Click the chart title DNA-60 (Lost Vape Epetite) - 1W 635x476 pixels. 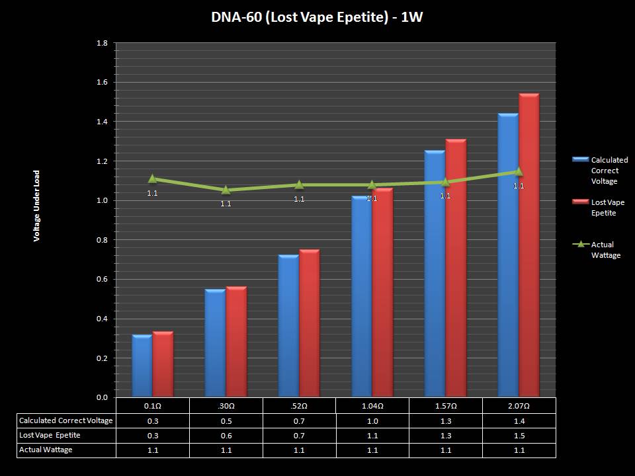click(317, 17)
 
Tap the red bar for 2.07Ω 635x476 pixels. click(529, 245)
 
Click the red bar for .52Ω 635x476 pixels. click(309, 323)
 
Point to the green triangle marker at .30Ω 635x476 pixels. click(226, 190)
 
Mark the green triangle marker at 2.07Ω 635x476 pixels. click(519, 172)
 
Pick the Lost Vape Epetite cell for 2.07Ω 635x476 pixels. click(519, 435)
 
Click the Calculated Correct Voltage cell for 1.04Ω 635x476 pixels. click(372, 420)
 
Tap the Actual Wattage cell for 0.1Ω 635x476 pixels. click(152, 450)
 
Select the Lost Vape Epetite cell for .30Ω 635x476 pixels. click(226, 435)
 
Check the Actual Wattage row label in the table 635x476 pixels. click(46, 450)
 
